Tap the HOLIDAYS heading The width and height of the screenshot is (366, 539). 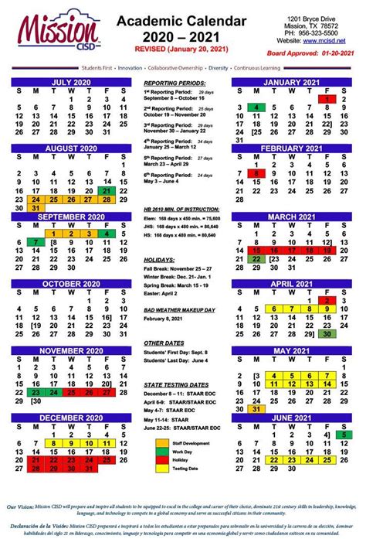160,281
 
